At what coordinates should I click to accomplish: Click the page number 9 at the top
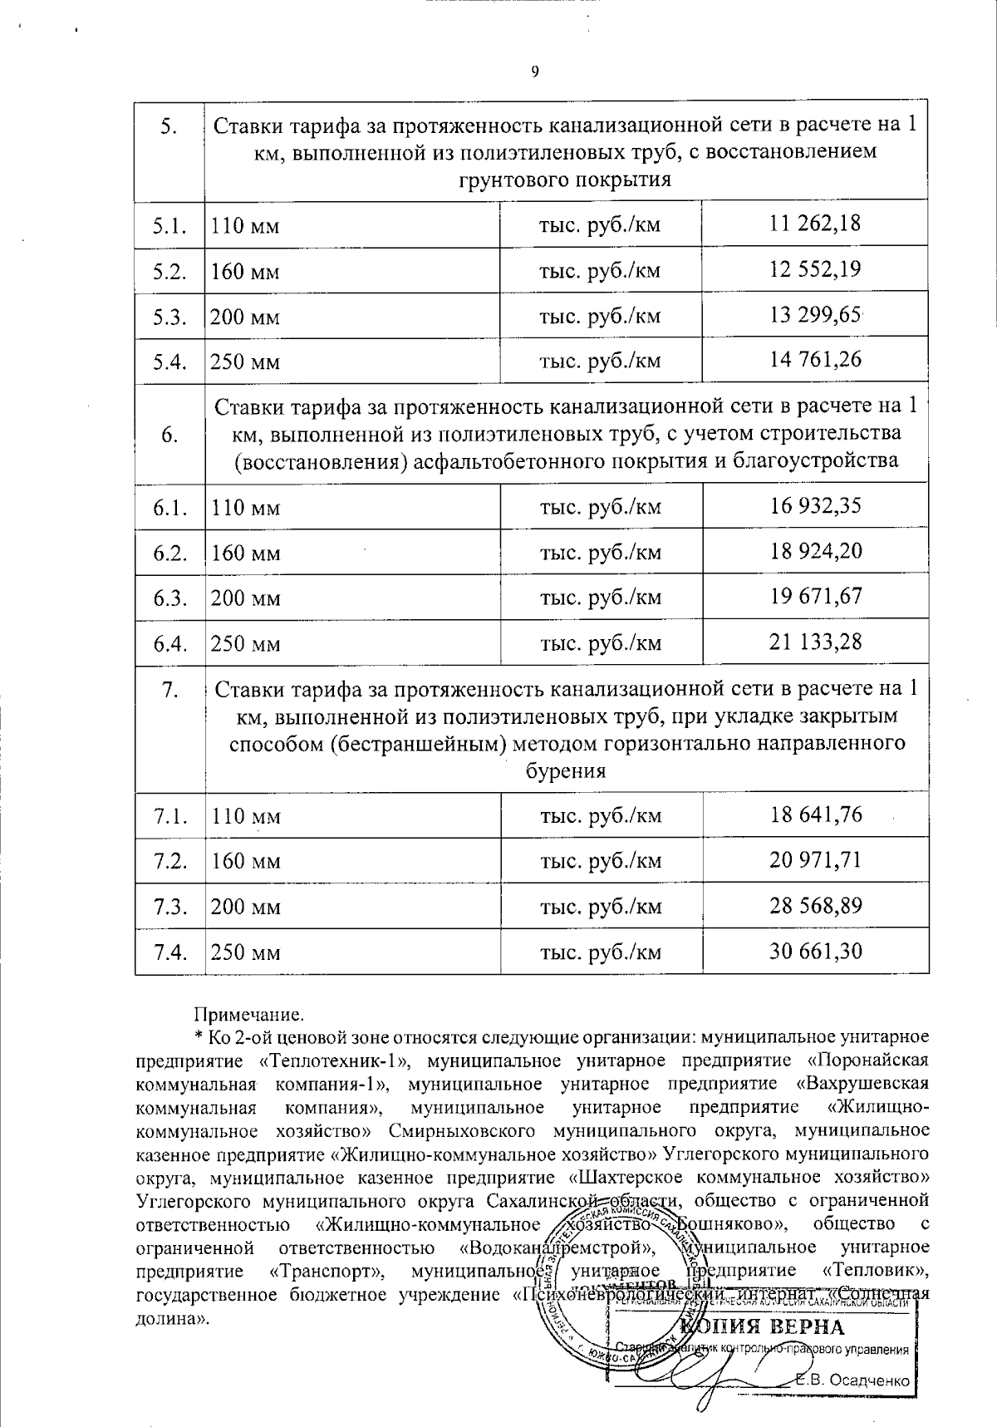[x=534, y=71]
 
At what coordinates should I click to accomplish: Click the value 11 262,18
[x=815, y=223]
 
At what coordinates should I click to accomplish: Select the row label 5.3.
[x=169, y=316]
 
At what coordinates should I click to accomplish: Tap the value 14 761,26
[x=815, y=359]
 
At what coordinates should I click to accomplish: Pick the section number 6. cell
[x=169, y=435]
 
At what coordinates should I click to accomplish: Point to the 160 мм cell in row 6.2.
[x=246, y=553]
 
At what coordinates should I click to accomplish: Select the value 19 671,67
[x=815, y=596]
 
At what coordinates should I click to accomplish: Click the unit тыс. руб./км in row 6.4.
[x=601, y=643]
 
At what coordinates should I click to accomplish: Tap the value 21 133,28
[x=815, y=641]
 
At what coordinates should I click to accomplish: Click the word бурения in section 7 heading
[x=566, y=770]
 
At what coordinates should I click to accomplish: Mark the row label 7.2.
[x=169, y=860]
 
